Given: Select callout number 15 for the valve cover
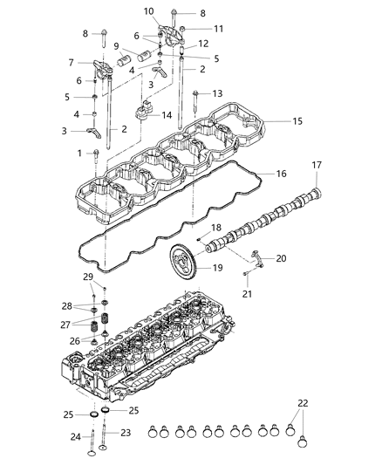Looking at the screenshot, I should tap(297, 121).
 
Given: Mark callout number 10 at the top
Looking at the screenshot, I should tap(149, 11).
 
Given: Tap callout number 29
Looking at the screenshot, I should tap(87, 277).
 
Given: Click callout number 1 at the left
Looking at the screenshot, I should tap(79, 153).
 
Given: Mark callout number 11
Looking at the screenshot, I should tap(219, 28).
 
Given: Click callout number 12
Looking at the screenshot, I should tap(202, 43).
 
